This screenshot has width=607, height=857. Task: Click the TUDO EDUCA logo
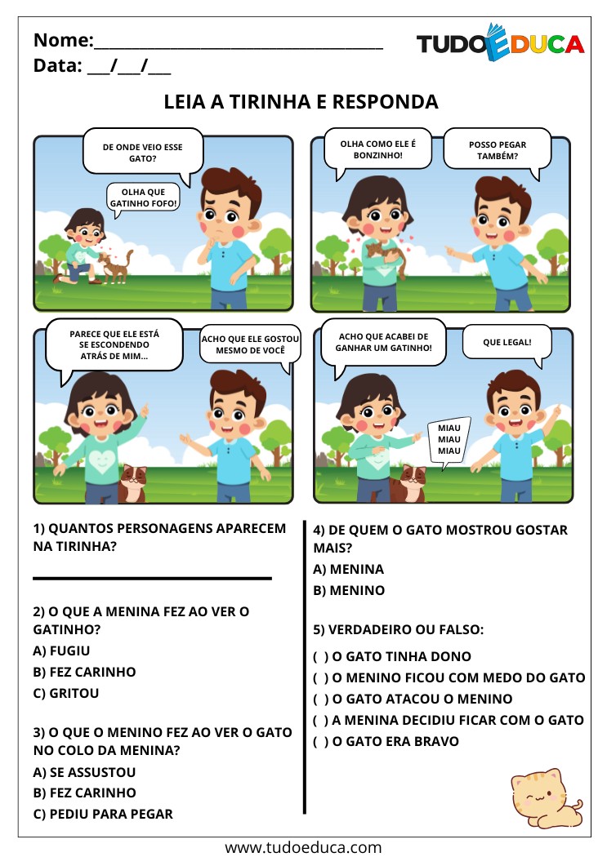(x=500, y=42)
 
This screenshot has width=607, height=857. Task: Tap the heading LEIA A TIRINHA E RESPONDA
(x=301, y=102)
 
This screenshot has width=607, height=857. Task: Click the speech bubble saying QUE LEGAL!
(x=507, y=342)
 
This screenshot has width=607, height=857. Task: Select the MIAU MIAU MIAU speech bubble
(x=449, y=440)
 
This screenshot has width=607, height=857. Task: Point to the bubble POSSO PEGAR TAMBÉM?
(x=498, y=149)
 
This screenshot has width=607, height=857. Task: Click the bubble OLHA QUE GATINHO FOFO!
(x=143, y=198)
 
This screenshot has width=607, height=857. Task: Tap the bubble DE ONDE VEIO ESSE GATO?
(x=142, y=151)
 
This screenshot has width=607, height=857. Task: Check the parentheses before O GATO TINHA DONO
(x=321, y=656)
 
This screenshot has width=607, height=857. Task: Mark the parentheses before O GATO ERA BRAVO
(x=321, y=741)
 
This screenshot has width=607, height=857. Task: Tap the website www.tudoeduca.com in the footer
(x=303, y=846)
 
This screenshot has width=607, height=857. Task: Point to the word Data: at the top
(x=58, y=66)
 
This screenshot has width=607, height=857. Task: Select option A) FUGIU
(x=61, y=651)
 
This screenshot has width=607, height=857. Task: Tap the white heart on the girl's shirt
(x=100, y=461)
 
